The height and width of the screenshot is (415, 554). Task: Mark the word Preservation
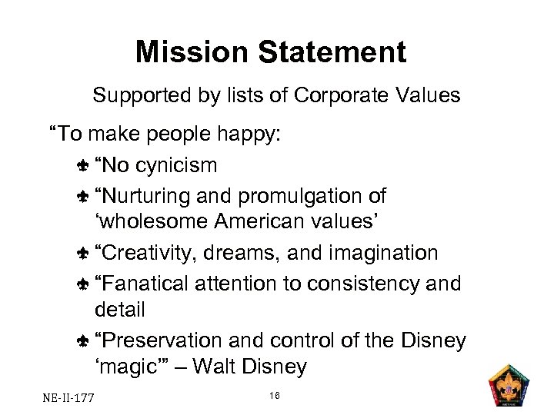[x=163, y=340]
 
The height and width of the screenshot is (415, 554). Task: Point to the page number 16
[x=275, y=395]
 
